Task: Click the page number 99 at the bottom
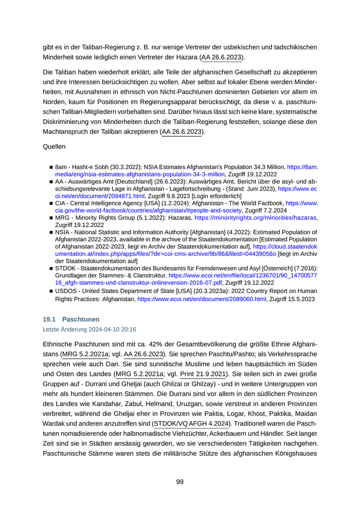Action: pos(179,482)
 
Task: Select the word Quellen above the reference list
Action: pos(54,147)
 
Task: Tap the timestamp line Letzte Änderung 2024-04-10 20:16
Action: pos(89,329)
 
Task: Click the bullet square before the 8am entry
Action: pos(51,168)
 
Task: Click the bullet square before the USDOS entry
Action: pos(51,291)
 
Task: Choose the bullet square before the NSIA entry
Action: pos(51,232)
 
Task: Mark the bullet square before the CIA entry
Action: pos(51,204)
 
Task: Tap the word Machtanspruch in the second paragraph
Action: pos(66,132)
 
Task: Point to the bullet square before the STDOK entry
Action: pos(51,268)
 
